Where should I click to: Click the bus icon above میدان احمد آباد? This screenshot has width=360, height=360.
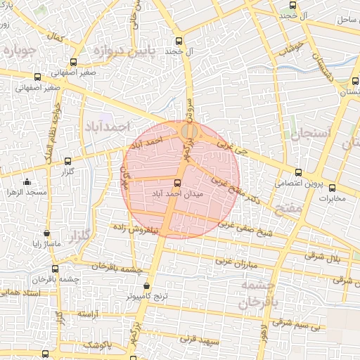click(176, 183)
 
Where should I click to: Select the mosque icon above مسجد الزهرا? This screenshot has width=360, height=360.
click(27, 181)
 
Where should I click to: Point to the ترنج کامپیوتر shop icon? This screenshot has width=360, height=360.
click(146, 286)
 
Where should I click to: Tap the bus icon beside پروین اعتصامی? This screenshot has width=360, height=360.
click(298, 172)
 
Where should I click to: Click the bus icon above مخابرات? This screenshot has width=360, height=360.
click(333, 188)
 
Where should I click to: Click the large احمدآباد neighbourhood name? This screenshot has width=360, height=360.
click(107, 127)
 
